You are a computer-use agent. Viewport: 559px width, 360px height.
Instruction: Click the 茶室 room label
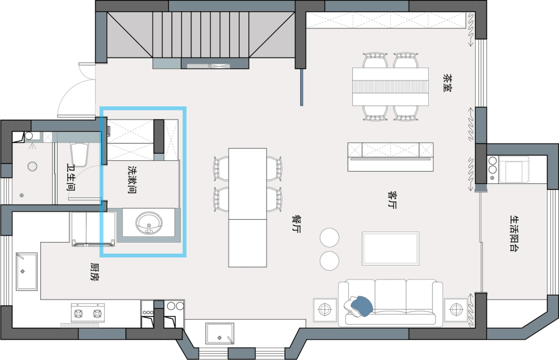(x=447, y=84)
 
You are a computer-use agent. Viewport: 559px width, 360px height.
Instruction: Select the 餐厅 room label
(x=296, y=224)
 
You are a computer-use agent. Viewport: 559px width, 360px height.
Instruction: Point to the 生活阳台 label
(x=514, y=233)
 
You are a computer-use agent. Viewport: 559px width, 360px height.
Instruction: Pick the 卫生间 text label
(x=71, y=178)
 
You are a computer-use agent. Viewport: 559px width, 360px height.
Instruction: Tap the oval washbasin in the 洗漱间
(x=149, y=222)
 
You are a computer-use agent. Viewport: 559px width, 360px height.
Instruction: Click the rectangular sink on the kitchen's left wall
(x=26, y=271)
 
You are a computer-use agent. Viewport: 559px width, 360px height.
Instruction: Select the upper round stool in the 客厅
(x=329, y=238)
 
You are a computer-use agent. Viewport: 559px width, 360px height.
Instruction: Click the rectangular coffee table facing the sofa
(x=391, y=248)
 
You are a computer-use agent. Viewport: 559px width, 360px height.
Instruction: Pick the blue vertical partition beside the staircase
(x=302, y=87)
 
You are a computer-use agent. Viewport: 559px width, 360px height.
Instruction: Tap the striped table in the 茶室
(x=391, y=86)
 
